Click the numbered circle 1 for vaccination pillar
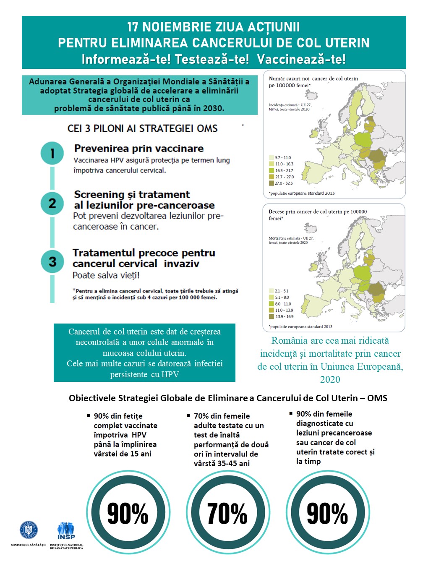click(52, 154)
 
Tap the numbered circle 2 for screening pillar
click(52, 204)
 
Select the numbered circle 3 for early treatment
click(52, 261)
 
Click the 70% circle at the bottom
click(227, 513)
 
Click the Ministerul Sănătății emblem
click(29, 530)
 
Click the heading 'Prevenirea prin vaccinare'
click(139, 149)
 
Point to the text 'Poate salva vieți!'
click(106, 275)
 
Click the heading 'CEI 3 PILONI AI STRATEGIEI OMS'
click(143, 128)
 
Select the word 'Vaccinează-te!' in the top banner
click(301, 59)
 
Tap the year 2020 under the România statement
click(330, 380)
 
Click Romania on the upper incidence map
click(376, 157)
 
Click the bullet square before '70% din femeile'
click(188, 416)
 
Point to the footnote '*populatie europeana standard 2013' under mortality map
click(301, 326)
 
